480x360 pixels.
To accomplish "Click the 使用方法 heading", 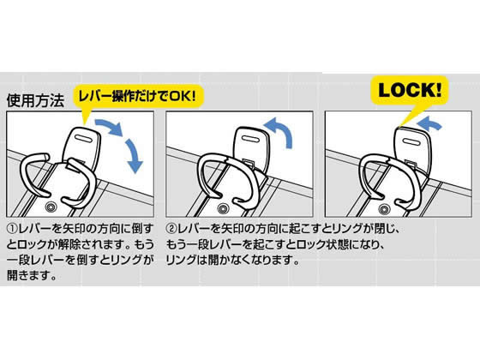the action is click(35, 100).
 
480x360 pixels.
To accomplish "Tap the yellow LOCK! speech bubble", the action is click(410, 91).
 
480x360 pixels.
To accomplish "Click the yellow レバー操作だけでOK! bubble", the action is click(138, 97).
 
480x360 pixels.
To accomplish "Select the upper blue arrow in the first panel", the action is click(111, 126).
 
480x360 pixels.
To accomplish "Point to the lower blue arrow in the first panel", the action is click(134, 156).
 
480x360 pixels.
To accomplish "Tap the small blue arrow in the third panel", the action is click(430, 124).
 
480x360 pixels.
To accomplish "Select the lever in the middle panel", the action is click(251, 147).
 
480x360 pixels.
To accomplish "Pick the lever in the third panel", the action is click(411, 147).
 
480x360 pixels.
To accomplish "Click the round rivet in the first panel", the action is click(51, 207).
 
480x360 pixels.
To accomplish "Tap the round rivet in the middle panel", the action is click(223, 209).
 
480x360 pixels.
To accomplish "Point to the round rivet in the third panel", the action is click(384, 209).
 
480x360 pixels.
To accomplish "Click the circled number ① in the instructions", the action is click(12, 229).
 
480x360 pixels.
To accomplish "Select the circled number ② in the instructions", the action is click(171, 229).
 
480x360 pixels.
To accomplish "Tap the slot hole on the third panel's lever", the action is click(411, 142).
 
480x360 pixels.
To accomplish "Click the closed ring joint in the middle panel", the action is click(226, 160).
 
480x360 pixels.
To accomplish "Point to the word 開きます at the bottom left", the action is click(28, 275).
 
